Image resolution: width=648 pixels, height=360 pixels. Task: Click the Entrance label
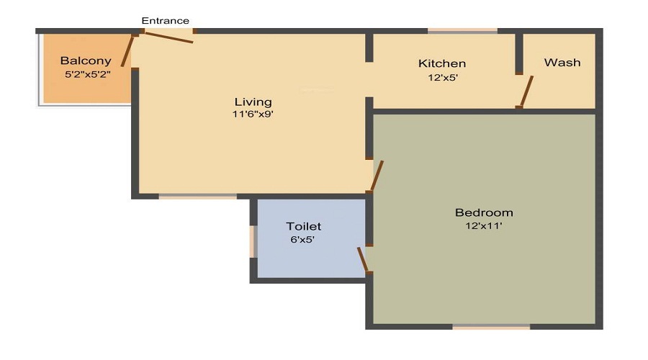tap(165, 21)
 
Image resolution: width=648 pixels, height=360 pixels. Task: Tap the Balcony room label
tap(86, 61)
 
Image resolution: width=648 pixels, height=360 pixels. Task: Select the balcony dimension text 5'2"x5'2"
tap(87, 73)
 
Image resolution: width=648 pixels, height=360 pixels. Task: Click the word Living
tap(253, 102)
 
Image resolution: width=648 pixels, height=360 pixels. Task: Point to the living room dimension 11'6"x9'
tap(253, 114)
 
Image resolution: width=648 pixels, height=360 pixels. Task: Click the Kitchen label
tap(442, 63)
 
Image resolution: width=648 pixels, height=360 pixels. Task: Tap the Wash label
tap(562, 63)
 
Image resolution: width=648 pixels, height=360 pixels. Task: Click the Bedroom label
tap(484, 212)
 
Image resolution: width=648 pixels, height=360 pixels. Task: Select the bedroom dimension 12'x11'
tap(484, 225)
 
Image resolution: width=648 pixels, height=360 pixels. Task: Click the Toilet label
tap(304, 227)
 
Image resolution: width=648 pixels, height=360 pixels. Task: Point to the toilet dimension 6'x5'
tap(304, 240)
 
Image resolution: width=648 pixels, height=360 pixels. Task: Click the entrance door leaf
tap(165, 37)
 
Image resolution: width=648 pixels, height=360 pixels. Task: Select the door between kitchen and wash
tap(526, 92)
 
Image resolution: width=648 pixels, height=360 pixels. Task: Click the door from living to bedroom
tap(376, 176)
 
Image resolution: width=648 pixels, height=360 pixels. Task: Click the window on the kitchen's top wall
tap(462, 31)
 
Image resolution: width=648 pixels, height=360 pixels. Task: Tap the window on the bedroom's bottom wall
tap(491, 327)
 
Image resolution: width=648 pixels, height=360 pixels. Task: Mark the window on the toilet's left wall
tap(253, 241)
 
